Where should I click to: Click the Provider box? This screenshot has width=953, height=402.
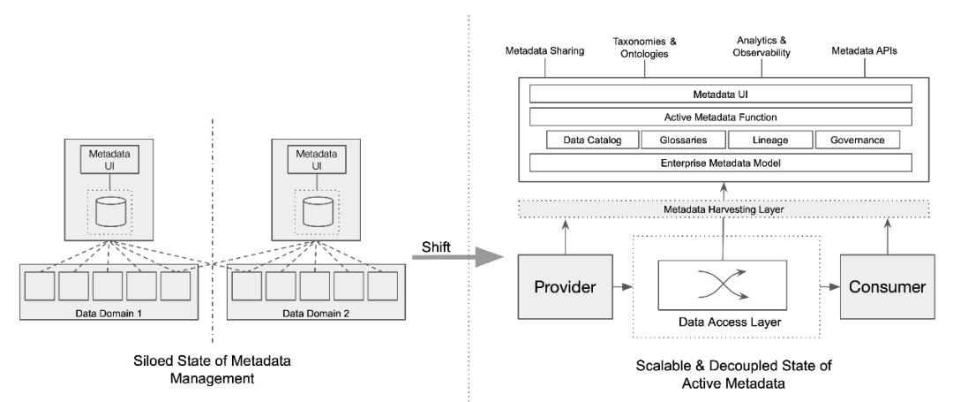[565, 286]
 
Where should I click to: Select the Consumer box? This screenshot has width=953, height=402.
[888, 286]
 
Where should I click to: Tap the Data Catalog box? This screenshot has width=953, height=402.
[593, 140]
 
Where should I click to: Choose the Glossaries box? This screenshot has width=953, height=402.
[683, 140]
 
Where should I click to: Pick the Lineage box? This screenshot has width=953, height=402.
[769, 140]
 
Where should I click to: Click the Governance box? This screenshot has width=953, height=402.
[858, 140]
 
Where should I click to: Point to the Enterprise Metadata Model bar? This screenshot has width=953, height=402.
[721, 163]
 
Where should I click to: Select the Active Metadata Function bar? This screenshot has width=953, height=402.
[721, 117]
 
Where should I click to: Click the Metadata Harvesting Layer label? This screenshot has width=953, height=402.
[724, 209]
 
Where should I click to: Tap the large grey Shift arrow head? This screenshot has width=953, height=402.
[488, 256]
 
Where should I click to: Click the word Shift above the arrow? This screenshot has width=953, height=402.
[437, 247]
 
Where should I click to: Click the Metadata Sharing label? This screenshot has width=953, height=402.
[544, 51]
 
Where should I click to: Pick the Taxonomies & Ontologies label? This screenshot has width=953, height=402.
[644, 48]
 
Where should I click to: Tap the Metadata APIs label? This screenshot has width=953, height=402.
[864, 51]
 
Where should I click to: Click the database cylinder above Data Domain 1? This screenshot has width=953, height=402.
[110, 210]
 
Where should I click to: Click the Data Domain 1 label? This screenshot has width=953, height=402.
[109, 314]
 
